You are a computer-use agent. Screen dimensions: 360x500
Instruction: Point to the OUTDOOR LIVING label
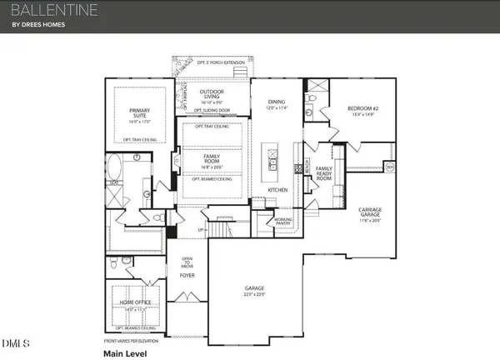pos(212,94)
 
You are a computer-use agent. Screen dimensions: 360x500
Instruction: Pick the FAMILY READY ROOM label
pos(323,172)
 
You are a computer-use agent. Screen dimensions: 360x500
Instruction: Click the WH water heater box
pos(389,166)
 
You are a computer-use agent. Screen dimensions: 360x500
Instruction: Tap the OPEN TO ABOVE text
pos(187,264)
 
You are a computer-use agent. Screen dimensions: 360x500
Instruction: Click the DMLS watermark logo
pos(14,343)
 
